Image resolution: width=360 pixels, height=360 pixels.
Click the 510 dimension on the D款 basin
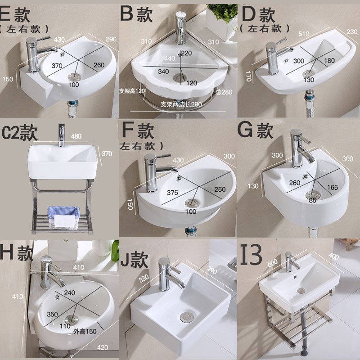[x=304, y=34]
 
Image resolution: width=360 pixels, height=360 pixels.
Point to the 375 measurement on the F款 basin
[x=172, y=193]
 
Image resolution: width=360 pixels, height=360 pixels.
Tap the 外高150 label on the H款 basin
[x=85, y=331]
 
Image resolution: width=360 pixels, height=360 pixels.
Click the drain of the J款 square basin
[x=186, y=317]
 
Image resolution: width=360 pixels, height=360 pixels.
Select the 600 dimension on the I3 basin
[x=273, y=263]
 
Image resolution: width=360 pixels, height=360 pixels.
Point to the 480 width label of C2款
[x=76, y=136]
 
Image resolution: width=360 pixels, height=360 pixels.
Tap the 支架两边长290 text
[x=181, y=104]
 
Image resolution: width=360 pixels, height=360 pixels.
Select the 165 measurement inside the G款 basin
[x=332, y=188]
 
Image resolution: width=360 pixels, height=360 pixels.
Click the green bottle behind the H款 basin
[x=115, y=251]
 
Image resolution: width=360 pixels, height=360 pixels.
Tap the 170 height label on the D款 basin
[x=248, y=76]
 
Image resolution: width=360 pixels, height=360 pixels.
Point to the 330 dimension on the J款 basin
[x=144, y=279]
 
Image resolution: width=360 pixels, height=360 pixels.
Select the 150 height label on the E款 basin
[x=8, y=79]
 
